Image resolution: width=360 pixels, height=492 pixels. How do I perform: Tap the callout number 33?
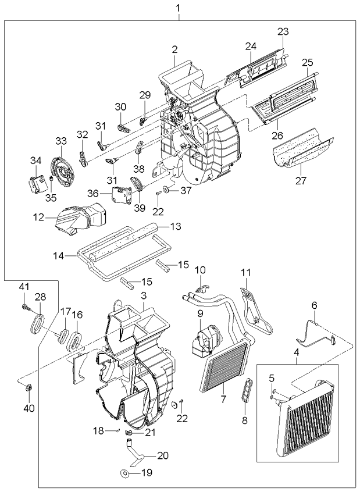61,141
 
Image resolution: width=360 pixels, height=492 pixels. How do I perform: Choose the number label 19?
147,473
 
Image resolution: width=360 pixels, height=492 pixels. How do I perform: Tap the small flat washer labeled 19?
124,473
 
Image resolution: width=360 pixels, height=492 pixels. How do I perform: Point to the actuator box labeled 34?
37,181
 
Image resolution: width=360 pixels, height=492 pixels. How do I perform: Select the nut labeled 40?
28,388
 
